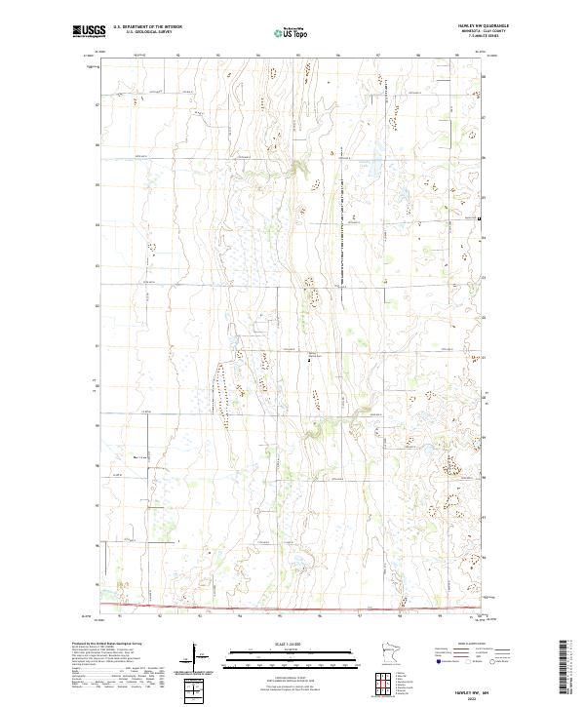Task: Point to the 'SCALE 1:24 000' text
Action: point(292,644)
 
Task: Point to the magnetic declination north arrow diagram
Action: point(195,658)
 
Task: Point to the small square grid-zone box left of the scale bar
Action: point(195,690)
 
